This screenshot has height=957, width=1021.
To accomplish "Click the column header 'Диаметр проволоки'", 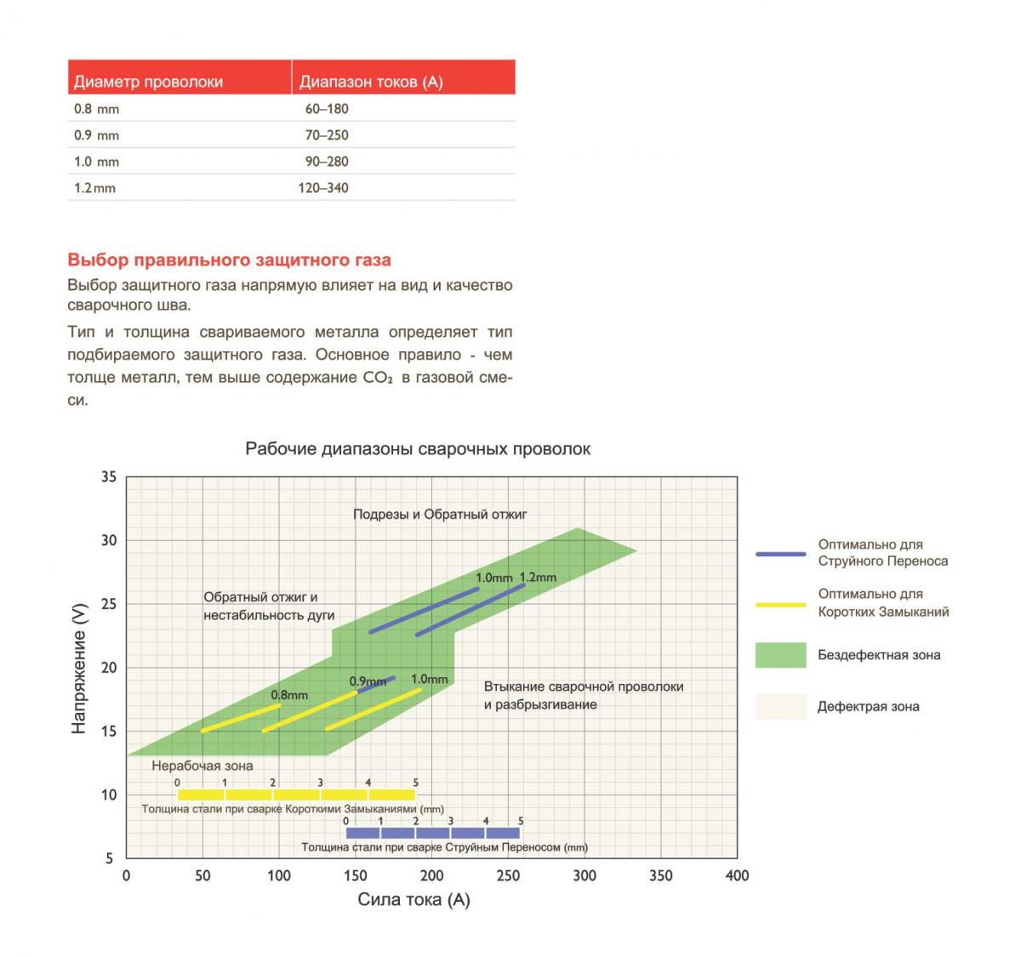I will [148, 82].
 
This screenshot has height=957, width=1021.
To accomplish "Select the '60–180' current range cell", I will [327, 109].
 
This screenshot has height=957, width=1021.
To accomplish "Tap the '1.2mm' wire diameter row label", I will [94, 188].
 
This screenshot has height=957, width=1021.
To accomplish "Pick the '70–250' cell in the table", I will [327, 135].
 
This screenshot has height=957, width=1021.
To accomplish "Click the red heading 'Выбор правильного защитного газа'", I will [229, 259].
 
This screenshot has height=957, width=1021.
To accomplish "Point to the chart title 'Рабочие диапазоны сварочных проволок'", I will [418, 448].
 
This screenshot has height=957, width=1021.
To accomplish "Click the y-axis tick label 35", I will [108, 477].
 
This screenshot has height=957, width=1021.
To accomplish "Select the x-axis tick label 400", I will [737, 875].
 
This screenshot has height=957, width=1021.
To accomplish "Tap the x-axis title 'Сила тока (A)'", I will [414, 900].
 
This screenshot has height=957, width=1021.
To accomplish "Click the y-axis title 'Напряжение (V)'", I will [79, 669].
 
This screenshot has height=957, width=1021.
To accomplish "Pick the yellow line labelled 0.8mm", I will [241, 717].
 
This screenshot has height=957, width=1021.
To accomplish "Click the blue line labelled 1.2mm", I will [470, 610].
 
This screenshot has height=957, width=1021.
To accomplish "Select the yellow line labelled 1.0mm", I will [374, 709].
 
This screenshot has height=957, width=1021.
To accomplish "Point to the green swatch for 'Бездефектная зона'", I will [780, 655].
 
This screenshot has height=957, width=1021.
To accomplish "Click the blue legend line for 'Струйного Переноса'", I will [780, 554].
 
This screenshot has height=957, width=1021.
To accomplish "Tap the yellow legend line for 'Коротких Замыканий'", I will [780, 604].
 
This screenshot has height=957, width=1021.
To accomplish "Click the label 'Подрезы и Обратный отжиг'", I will [441, 515].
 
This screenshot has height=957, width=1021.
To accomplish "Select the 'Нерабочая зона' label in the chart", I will [202, 766].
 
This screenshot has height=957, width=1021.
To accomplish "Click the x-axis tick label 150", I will [355, 875].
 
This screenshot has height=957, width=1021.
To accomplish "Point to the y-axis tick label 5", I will [109, 858].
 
